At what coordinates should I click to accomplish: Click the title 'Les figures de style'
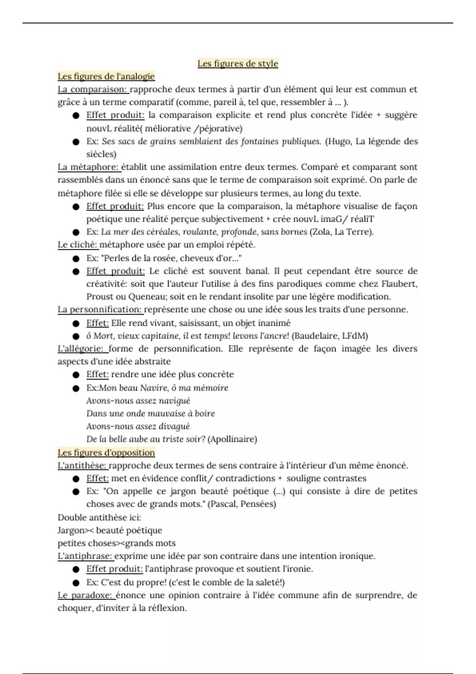(x=238, y=63)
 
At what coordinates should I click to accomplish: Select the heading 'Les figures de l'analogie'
(x=106, y=76)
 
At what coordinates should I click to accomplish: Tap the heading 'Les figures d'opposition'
(x=106, y=452)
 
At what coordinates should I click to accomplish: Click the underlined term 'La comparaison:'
(x=93, y=89)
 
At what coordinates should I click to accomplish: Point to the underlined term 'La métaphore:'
(x=88, y=167)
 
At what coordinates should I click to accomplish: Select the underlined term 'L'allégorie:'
(x=82, y=348)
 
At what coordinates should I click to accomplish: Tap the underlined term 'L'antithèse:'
(x=82, y=465)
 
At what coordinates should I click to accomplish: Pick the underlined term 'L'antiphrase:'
(x=85, y=556)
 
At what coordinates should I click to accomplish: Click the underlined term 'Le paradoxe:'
(x=86, y=595)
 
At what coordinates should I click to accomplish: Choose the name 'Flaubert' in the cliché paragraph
(x=399, y=284)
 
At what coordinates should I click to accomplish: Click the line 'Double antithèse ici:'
(x=99, y=517)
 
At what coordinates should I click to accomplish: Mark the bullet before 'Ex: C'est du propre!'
(x=76, y=582)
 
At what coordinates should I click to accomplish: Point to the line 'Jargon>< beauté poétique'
(x=110, y=530)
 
